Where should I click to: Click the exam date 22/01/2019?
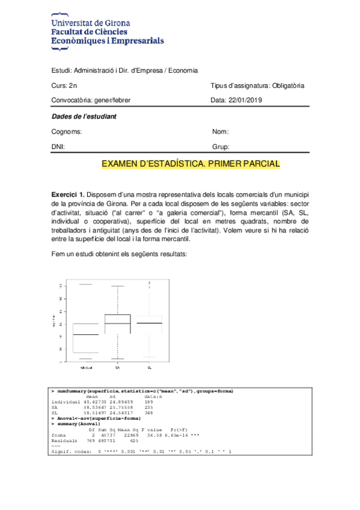(247, 100)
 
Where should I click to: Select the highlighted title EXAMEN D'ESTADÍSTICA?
(191, 164)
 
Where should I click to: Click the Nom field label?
(221, 132)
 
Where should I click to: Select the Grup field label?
(221, 147)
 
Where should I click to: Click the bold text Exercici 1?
(67, 195)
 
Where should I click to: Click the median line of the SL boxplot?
(149, 323)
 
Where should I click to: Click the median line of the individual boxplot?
(85, 334)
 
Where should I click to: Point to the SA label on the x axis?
(118, 366)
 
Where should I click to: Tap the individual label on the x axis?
(85, 366)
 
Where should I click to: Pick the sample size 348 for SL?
(149, 413)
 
